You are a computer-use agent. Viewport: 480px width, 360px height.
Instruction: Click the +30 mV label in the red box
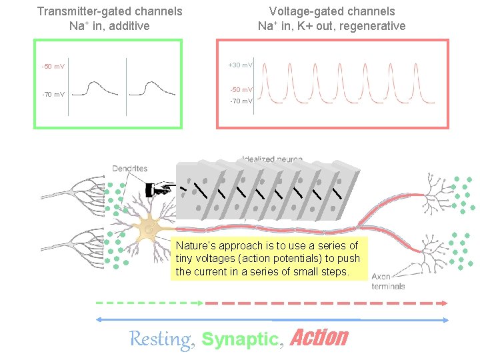pyautogui.click(x=240, y=65)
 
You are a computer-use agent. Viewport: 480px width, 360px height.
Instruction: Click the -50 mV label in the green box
pyautogui.click(x=53, y=67)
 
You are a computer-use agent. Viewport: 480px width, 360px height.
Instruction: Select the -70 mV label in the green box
pyautogui.click(x=53, y=95)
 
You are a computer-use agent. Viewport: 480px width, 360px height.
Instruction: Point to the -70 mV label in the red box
pyautogui.click(x=241, y=101)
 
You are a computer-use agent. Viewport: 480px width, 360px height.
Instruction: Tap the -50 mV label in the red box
pyautogui.click(x=241, y=89)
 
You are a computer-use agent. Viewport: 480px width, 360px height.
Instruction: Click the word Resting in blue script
pyautogui.click(x=160, y=339)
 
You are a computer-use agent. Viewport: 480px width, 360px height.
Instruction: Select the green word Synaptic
pyautogui.click(x=239, y=339)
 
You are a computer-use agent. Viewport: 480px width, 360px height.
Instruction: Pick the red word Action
pyautogui.click(x=319, y=338)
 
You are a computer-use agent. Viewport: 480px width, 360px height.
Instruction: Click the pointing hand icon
pyautogui.click(x=160, y=189)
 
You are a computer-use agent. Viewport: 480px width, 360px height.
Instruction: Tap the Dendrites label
pyautogui.click(x=130, y=169)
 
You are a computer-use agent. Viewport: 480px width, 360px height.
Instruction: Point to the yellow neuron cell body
pyautogui.click(x=153, y=230)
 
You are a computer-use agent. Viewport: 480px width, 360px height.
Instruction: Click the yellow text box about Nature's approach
pyautogui.click(x=269, y=259)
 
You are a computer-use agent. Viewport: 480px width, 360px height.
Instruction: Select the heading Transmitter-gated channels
pyautogui.click(x=110, y=11)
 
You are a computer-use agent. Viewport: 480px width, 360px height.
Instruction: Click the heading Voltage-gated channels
pyautogui.click(x=332, y=11)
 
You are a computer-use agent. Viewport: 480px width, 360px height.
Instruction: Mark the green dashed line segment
pyautogui.click(x=150, y=302)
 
